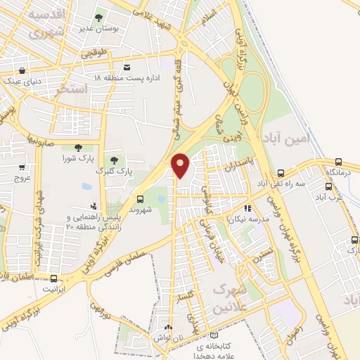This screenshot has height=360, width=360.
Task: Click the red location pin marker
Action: click(x=181, y=165)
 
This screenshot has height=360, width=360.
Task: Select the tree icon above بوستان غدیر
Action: click(x=98, y=16)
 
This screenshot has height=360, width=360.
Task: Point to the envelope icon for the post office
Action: click(x=127, y=67)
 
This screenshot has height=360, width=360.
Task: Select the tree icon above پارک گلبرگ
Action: click(x=112, y=161)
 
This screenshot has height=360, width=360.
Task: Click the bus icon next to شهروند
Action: click(x=140, y=200)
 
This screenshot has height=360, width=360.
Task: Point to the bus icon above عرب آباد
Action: click(x=328, y=187)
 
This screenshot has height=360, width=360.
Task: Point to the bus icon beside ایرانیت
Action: click(x=53, y=278)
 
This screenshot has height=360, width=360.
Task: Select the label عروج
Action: click(x=22, y=178)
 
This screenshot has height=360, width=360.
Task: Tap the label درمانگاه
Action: click(x=340, y=172)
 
